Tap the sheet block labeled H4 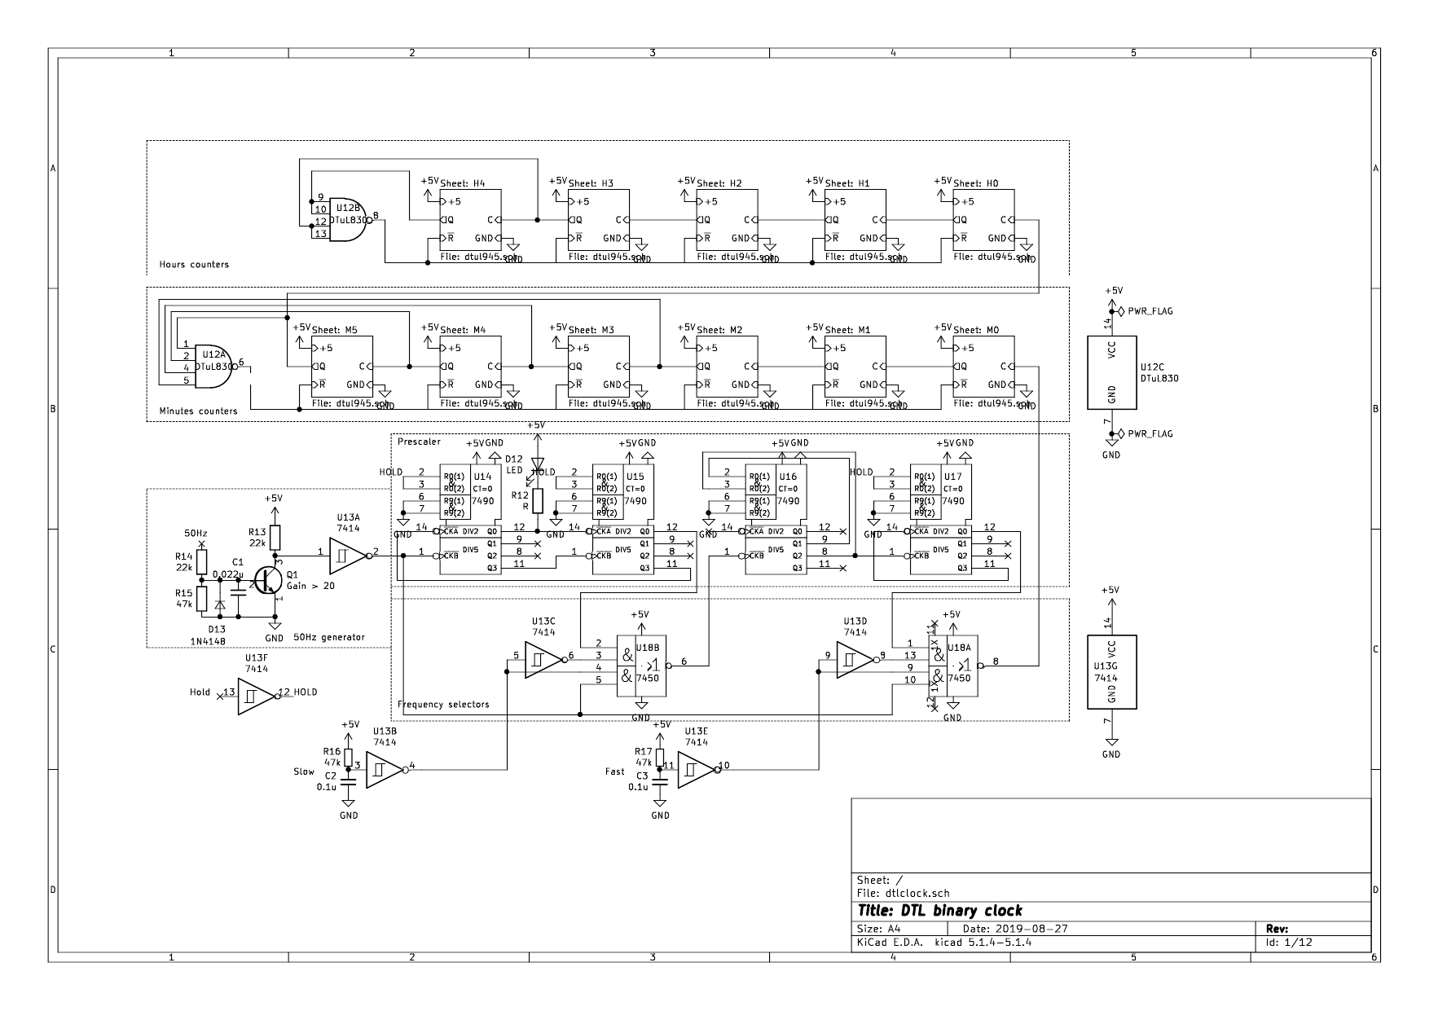pyautogui.click(x=471, y=220)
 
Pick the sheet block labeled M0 pyautogui.click(x=983, y=367)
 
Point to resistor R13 pyautogui.click(x=275, y=538)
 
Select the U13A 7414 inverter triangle pyautogui.click(x=348, y=553)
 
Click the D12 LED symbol pyautogui.click(x=537, y=464)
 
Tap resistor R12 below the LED pyautogui.click(x=537, y=499)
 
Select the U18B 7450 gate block pyautogui.click(x=641, y=666)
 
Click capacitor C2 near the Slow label pyautogui.click(x=349, y=781)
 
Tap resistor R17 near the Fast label pyautogui.click(x=661, y=756)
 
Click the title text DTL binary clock pyautogui.click(x=939, y=910)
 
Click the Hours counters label pyautogui.click(x=194, y=265)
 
